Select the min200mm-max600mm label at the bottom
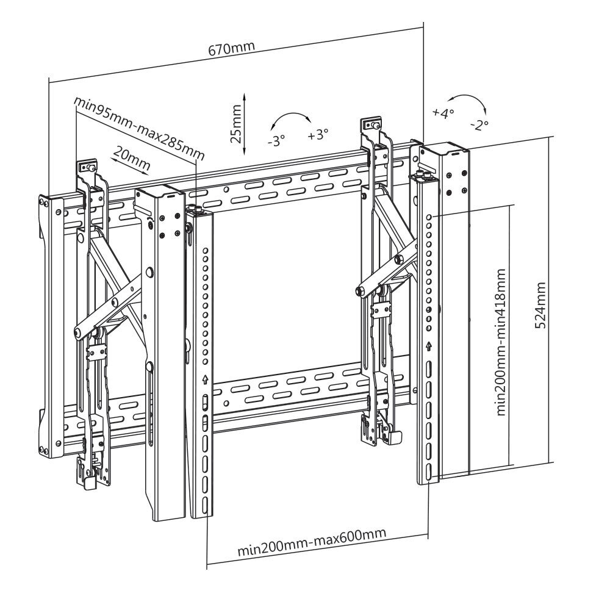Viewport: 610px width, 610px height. (x=312, y=541)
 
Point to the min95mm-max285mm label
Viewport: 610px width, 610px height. (x=139, y=126)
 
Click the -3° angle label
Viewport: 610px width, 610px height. (x=276, y=142)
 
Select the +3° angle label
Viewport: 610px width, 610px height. (x=318, y=134)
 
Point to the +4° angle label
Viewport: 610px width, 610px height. (x=443, y=113)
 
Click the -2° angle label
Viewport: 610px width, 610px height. (x=480, y=125)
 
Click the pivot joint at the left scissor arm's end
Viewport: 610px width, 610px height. (x=79, y=332)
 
